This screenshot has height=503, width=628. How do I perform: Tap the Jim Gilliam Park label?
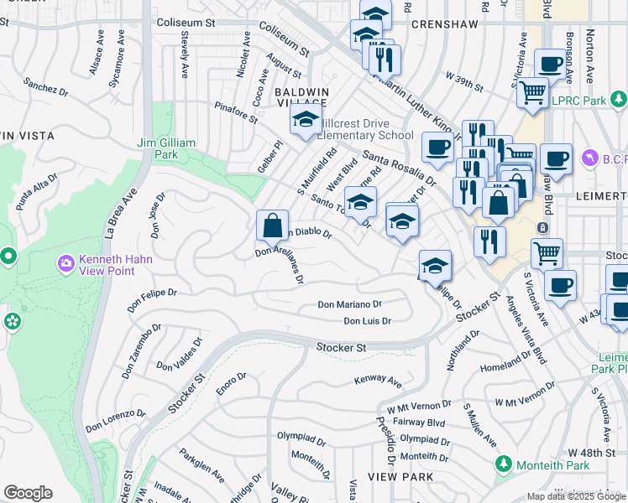(168, 149)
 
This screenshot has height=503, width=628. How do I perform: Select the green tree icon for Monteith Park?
(504, 464)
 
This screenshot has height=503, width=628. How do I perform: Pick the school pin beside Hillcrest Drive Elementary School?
(306, 120)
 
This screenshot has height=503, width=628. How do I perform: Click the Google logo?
(28, 493)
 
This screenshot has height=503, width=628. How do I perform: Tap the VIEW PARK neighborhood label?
(405, 476)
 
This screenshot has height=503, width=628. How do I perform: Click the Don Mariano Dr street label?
(349, 305)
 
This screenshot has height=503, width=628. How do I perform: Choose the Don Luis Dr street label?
(367, 321)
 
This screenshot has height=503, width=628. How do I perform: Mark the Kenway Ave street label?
(379, 381)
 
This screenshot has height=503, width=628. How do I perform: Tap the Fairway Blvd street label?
(422, 423)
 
